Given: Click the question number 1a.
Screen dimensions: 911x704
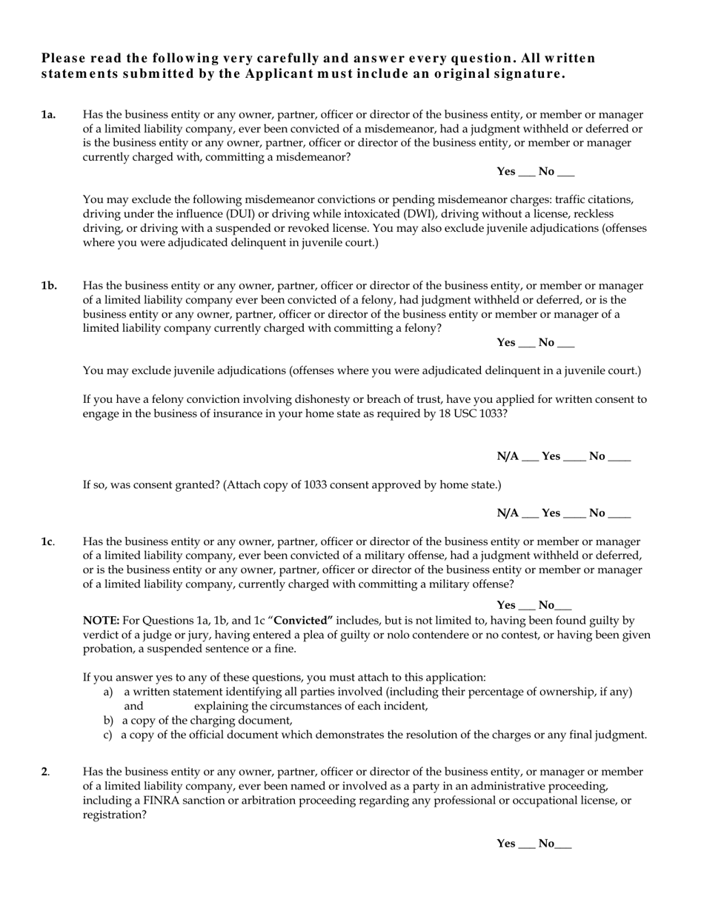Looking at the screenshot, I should [48, 115].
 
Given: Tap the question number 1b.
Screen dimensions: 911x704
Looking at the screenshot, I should [49, 286].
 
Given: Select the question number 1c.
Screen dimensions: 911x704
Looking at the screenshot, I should [47, 542].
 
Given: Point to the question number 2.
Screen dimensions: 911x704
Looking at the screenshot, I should [44, 772].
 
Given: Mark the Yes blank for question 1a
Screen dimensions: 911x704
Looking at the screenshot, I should [526, 173].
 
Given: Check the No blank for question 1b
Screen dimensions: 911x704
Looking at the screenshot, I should [565, 344].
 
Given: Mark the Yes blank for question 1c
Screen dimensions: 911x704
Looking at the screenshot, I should [526, 607].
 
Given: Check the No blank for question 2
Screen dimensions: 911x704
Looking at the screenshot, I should [563, 845].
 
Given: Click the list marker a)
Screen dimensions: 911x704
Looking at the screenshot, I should [108, 692].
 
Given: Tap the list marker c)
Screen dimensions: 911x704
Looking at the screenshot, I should [108, 735].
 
